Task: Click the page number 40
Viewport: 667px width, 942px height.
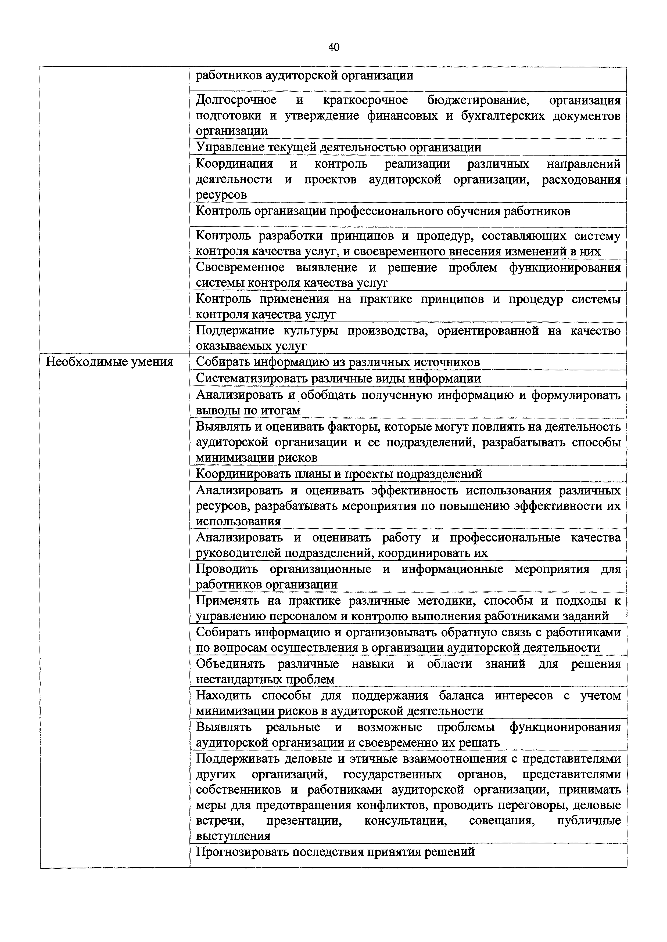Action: tap(333, 47)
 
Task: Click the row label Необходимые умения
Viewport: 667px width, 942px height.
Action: tap(109, 362)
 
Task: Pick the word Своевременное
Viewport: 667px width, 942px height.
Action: tap(240, 268)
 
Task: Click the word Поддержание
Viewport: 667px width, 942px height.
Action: tap(235, 331)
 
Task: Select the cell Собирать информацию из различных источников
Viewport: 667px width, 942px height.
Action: tap(338, 362)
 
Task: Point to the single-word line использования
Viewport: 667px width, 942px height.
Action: tap(238, 522)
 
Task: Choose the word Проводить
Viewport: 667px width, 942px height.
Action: tap(227, 569)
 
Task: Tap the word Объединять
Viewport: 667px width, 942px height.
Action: tap(230, 664)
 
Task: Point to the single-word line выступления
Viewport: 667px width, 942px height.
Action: tap(233, 836)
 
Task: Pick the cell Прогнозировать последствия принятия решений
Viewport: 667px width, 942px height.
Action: tap(335, 853)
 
